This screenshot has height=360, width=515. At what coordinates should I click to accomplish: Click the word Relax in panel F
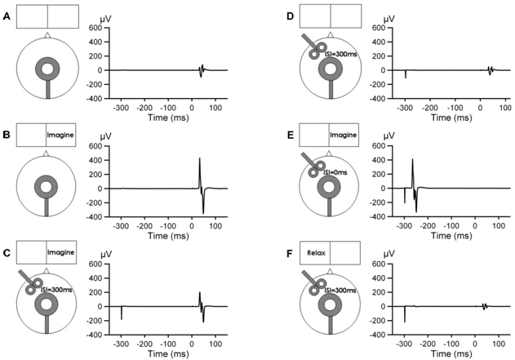click(313, 253)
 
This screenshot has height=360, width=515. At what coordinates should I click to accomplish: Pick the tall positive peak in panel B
click(199, 158)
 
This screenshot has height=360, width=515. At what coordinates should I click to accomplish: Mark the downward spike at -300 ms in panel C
click(122, 313)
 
